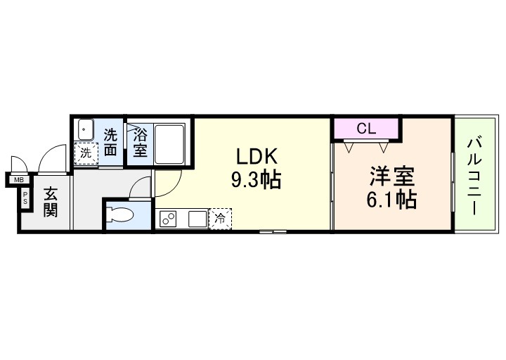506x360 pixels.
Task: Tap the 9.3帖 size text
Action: (x=257, y=181)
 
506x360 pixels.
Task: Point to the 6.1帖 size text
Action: (x=391, y=200)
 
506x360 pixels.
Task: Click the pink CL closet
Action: (x=365, y=129)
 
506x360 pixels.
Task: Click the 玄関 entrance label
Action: (x=50, y=201)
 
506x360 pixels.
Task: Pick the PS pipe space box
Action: (x=26, y=197)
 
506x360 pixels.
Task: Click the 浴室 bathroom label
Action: (x=139, y=141)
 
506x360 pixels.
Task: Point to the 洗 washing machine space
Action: (x=86, y=153)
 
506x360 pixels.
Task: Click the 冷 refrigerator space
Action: (x=220, y=219)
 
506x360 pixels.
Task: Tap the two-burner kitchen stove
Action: (x=169, y=219)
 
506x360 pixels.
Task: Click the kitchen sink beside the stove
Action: (x=196, y=219)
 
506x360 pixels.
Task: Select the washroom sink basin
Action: (x=85, y=129)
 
